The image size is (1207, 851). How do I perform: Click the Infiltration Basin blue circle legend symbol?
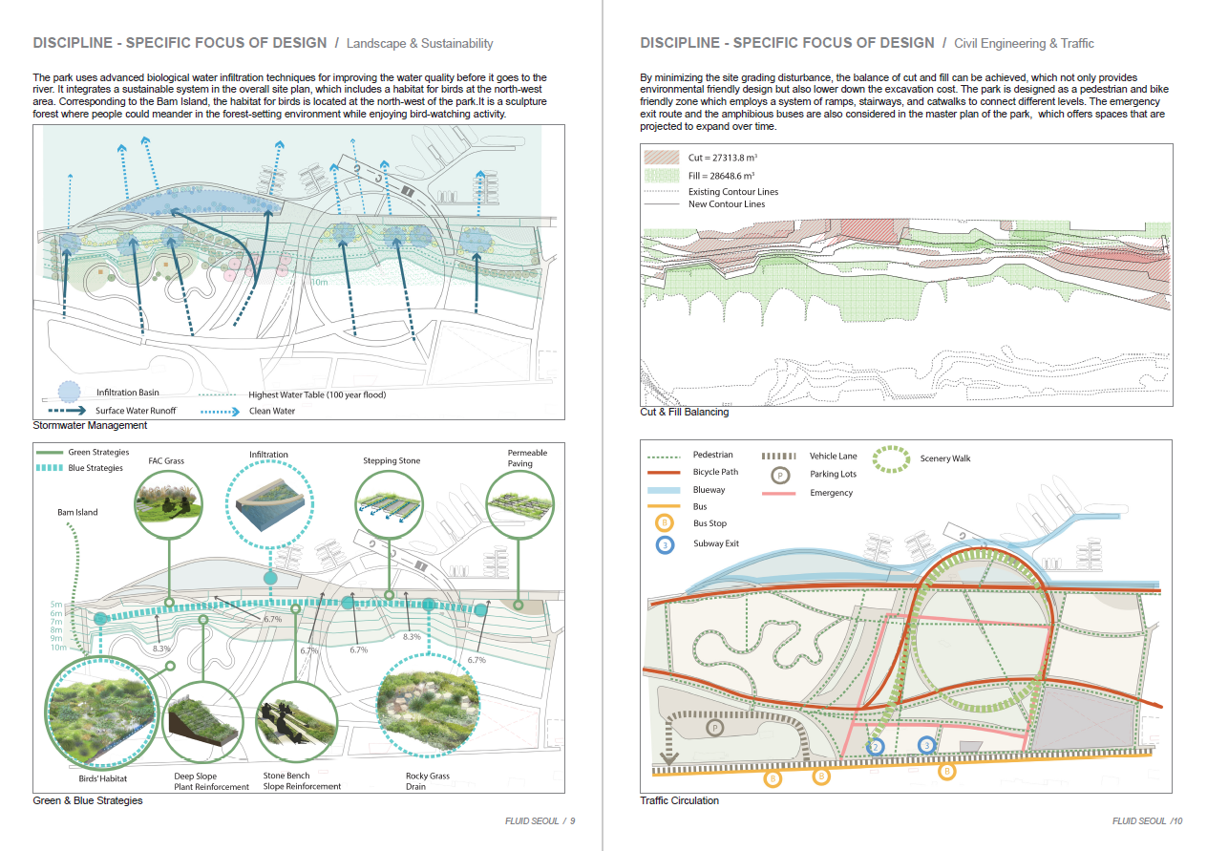tap(69, 392)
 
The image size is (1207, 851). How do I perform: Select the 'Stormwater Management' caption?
tap(90, 425)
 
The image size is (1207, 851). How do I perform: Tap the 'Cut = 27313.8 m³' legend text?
tap(722, 157)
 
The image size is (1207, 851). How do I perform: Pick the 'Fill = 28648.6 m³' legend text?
tap(722, 176)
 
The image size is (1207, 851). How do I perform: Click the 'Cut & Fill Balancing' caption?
tap(684, 412)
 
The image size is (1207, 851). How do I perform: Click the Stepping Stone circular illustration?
tap(391, 503)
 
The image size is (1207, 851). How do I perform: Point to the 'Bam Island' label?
tap(77, 513)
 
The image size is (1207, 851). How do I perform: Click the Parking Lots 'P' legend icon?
tap(779, 474)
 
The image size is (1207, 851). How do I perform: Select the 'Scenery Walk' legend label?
tap(944, 458)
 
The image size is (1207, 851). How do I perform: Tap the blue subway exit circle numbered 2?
tap(877, 747)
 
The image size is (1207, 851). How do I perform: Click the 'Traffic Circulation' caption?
tap(679, 800)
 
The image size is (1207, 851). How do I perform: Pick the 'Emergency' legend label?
tap(831, 493)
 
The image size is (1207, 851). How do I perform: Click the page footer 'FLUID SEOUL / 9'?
tap(540, 821)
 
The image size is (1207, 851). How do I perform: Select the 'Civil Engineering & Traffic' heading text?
tap(1024, 44)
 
